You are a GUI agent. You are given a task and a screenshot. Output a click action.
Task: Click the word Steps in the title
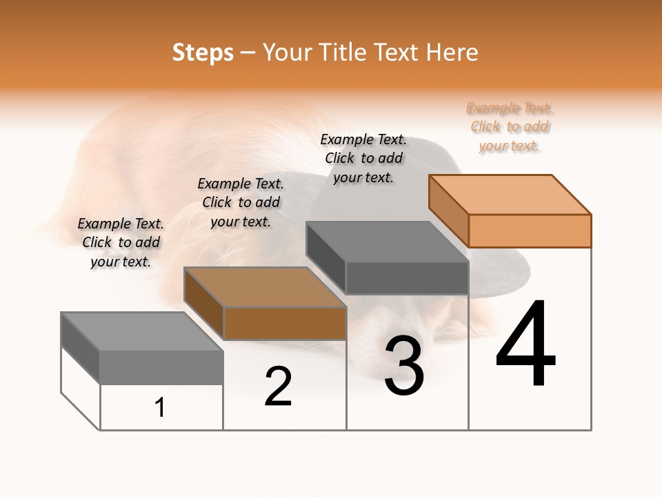(203, 52)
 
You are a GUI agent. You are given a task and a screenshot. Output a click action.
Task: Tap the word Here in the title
(452, 52)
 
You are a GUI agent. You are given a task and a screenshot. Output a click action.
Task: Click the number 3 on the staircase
(404, 366)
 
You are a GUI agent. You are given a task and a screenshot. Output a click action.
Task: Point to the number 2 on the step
(278, 387)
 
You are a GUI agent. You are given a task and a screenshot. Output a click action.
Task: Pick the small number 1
(160, 407)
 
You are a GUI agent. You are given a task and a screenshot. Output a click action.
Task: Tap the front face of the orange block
(530, 231)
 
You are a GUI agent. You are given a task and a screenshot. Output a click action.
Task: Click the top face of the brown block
(265, 286)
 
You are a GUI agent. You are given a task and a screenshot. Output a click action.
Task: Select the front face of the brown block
(285, 323)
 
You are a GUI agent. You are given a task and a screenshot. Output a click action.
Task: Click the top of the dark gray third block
(388, 242)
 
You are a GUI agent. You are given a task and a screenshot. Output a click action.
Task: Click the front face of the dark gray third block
(407, 277)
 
